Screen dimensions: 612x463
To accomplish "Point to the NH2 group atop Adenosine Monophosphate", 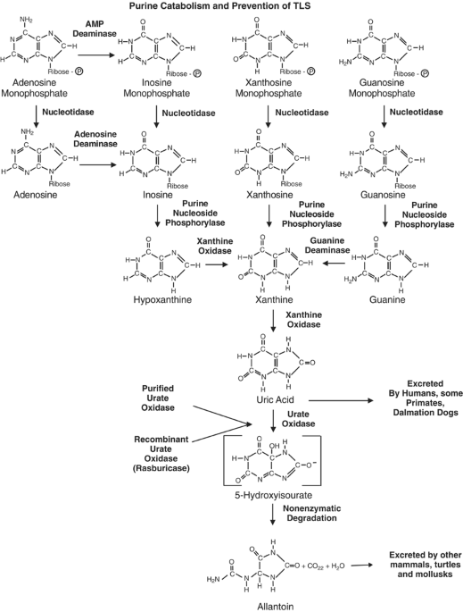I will click(27, 20).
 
